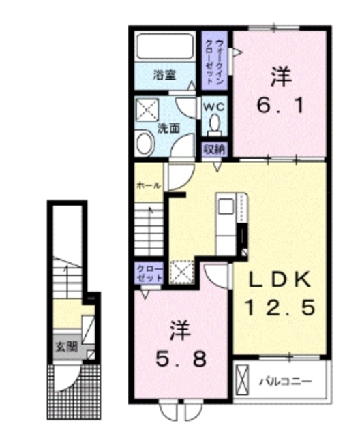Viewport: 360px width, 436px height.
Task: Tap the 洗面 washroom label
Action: [169, 127]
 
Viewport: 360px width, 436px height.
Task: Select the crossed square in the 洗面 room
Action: [147, 108]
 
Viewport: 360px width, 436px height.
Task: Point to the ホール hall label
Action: [148, 185]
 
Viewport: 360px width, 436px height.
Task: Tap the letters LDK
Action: [278, 279]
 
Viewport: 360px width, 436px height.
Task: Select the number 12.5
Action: [280, 308]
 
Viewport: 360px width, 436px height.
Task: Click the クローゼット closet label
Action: [149, 275]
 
